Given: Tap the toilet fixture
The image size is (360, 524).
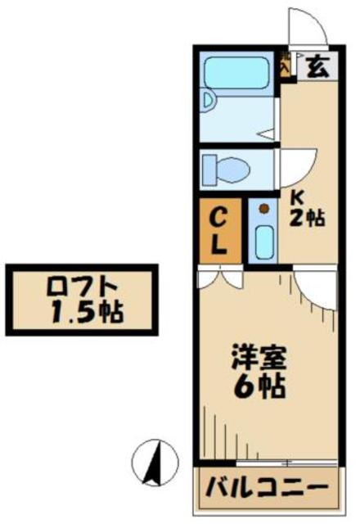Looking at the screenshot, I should [x=228, y=169].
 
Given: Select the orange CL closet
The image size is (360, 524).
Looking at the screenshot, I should [x=220, y=231].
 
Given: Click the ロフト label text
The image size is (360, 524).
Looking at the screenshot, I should [x=80, y=287].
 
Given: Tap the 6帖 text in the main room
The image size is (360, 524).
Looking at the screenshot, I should [x=261, y=385].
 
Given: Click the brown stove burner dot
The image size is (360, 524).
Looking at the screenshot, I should [x=263, y=210].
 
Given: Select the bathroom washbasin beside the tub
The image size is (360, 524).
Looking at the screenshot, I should [x=209, y=103].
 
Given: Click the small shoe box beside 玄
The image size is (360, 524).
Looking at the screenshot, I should [x=286, y=65].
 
